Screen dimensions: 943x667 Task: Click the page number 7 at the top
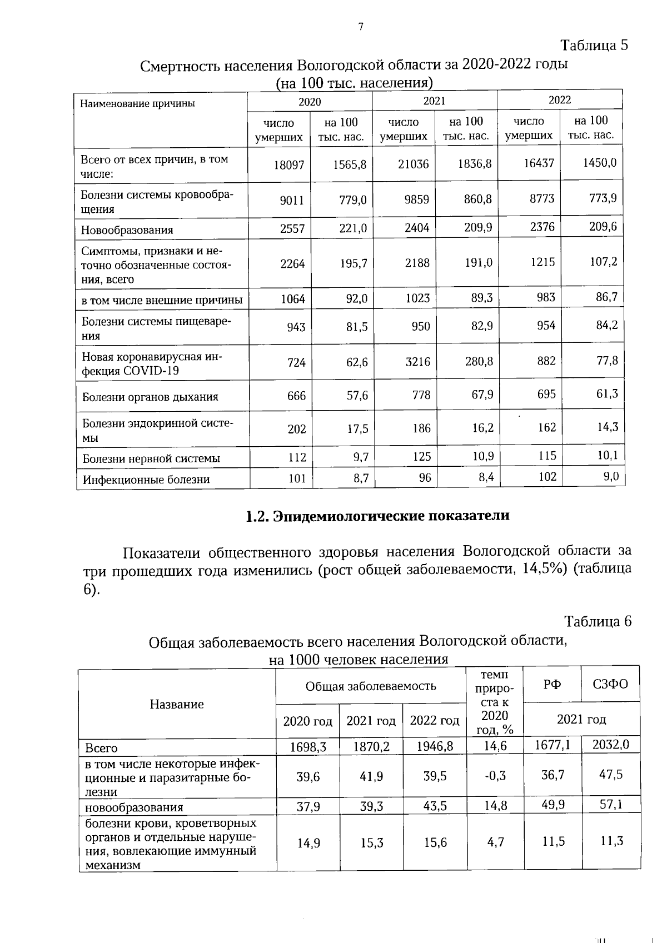(x=361, y=27)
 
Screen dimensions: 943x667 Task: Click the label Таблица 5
(x=594, y=45)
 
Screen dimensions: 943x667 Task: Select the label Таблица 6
(x=598, y=621)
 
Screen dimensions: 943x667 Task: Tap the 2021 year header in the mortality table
(x=434, y=101)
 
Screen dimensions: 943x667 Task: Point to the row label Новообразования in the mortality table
(x=127, y=230)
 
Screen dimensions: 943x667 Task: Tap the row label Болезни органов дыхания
(x=150, y=397)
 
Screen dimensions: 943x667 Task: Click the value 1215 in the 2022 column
(x=542, y=262)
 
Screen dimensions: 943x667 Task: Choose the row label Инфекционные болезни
(x=146, y=479)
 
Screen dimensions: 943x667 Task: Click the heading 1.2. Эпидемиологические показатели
(x=377, y=516)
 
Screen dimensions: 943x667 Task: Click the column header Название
(x=177, y=704)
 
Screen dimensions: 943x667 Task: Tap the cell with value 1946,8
(x=435, y=746)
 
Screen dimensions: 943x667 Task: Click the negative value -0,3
(x=495, y=776)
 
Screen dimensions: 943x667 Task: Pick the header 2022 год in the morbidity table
(x=434, y=721)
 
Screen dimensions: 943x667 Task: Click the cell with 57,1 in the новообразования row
(x=611, y=805)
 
